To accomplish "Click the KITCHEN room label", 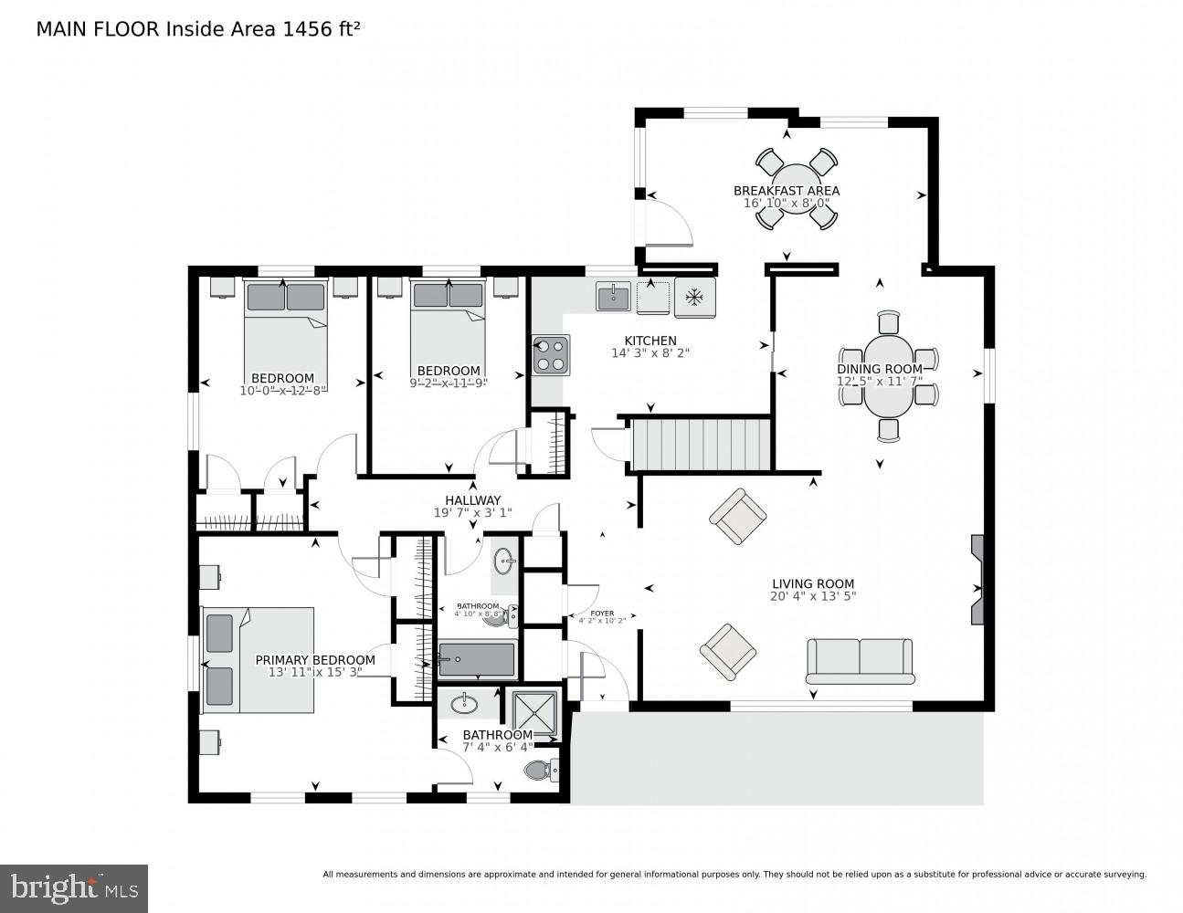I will click(x=650, y=341).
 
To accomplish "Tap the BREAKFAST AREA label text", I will click(x=786, y=191).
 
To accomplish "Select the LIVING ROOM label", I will click(x=812, y=584).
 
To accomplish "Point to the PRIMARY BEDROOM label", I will click(x=314, y=660).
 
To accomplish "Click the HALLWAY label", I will click(x=472, y=500).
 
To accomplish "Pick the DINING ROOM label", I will click(x=880, y=369).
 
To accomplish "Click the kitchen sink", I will click(x=613, y=297).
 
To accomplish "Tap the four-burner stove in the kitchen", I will click(x=551, y=354).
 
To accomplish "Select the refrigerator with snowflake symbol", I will click(x=694, y=298).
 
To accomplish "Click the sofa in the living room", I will click(x=860, y=660).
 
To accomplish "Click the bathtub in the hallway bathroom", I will click(x=477, y=660).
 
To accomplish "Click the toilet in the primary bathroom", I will click(x=541, y=771).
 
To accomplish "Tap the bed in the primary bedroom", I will click(x=258, y=660).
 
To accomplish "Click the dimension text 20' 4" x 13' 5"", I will click(x=812, y=597).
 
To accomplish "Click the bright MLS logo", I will click(x=73, y=887).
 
